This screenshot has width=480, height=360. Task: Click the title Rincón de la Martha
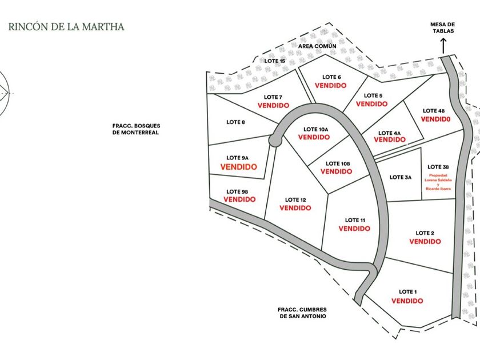[66, 27]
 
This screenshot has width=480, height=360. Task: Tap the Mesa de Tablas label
[443, 27]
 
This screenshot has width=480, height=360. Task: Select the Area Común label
[317, 46]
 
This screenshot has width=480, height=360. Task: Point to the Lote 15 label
[275, 61]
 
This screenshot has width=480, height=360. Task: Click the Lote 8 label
[235, 122]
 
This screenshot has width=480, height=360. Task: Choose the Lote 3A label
[401, 177]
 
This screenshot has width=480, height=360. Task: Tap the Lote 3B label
[438, 167]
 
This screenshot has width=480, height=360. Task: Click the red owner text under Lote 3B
[438, 182]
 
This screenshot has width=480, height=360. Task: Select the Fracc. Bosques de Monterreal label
[136, 129]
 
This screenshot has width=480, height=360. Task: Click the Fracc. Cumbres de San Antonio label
[302, 313]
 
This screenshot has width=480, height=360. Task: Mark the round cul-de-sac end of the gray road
[275, 141]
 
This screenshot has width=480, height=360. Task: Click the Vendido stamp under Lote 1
[407, 301]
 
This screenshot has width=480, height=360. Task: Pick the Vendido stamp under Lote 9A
[238, 167]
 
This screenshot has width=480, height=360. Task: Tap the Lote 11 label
[355, 220]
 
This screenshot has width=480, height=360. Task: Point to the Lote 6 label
[331, 77]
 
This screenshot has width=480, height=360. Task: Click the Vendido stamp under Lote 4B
[435, 119]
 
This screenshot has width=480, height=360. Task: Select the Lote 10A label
[315, 130]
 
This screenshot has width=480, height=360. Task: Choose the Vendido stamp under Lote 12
[295, 208]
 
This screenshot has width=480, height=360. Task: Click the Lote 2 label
[425, 233]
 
